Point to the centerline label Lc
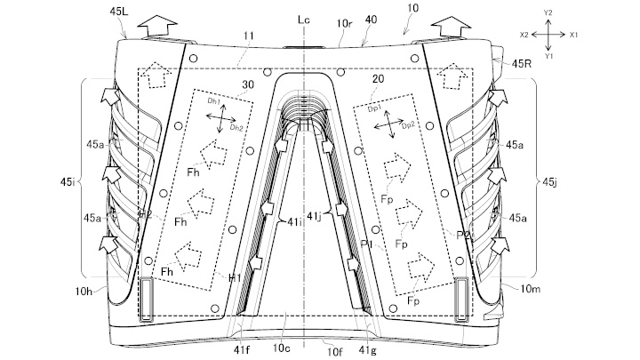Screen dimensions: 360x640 coord(306,18)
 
